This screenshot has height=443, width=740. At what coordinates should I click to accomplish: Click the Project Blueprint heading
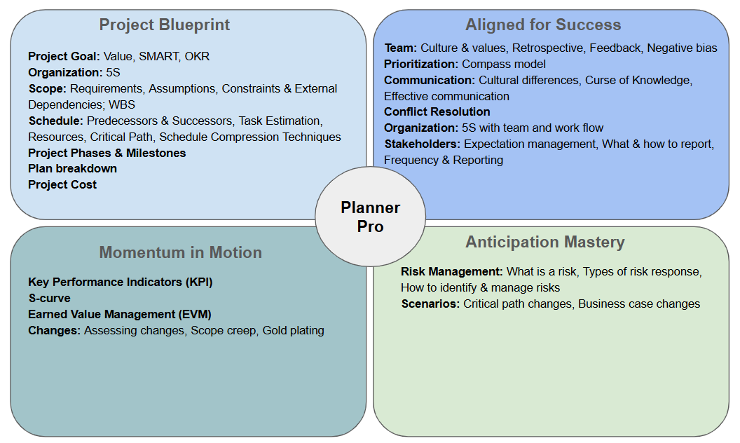click(x=164, y=25)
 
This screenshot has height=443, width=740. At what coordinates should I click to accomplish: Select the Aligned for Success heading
click(x=543, y=25)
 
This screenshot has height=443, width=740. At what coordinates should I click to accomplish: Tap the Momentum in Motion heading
click(x=180, y=252)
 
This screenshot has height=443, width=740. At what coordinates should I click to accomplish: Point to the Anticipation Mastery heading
click(x=545, y=242)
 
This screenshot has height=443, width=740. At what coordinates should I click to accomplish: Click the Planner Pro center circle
click(x=371, y=217)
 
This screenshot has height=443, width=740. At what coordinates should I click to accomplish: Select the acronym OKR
click(x=197, y=57)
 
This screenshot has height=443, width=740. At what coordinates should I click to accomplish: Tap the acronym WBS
click(x=122, y=105)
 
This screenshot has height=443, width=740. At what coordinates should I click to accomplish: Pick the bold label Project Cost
click(x=62, y=184)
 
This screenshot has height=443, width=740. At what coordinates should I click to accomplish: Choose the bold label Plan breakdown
click(x=73, y=169)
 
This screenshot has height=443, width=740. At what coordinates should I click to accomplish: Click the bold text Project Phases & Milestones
click(x=107, y=153)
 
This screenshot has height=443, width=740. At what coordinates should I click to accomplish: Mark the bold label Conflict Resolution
click(x=437, y=112)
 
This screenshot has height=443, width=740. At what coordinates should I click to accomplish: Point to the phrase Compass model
click(x=504, y=64)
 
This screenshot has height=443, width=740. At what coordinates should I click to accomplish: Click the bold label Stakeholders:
click(x=423, y=144)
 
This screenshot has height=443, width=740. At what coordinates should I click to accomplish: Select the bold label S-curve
click(x=50, y=299)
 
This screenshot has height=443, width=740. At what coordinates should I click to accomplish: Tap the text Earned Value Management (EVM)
click(x=120, y=315)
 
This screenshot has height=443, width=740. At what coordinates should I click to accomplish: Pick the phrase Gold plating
click(x=293, y=331)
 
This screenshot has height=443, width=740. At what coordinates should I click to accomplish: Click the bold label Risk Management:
click(x=452, y=272)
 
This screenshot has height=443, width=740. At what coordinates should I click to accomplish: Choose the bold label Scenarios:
click(x=430, y=304)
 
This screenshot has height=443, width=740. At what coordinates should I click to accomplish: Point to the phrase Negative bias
click(x=682, y=48)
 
